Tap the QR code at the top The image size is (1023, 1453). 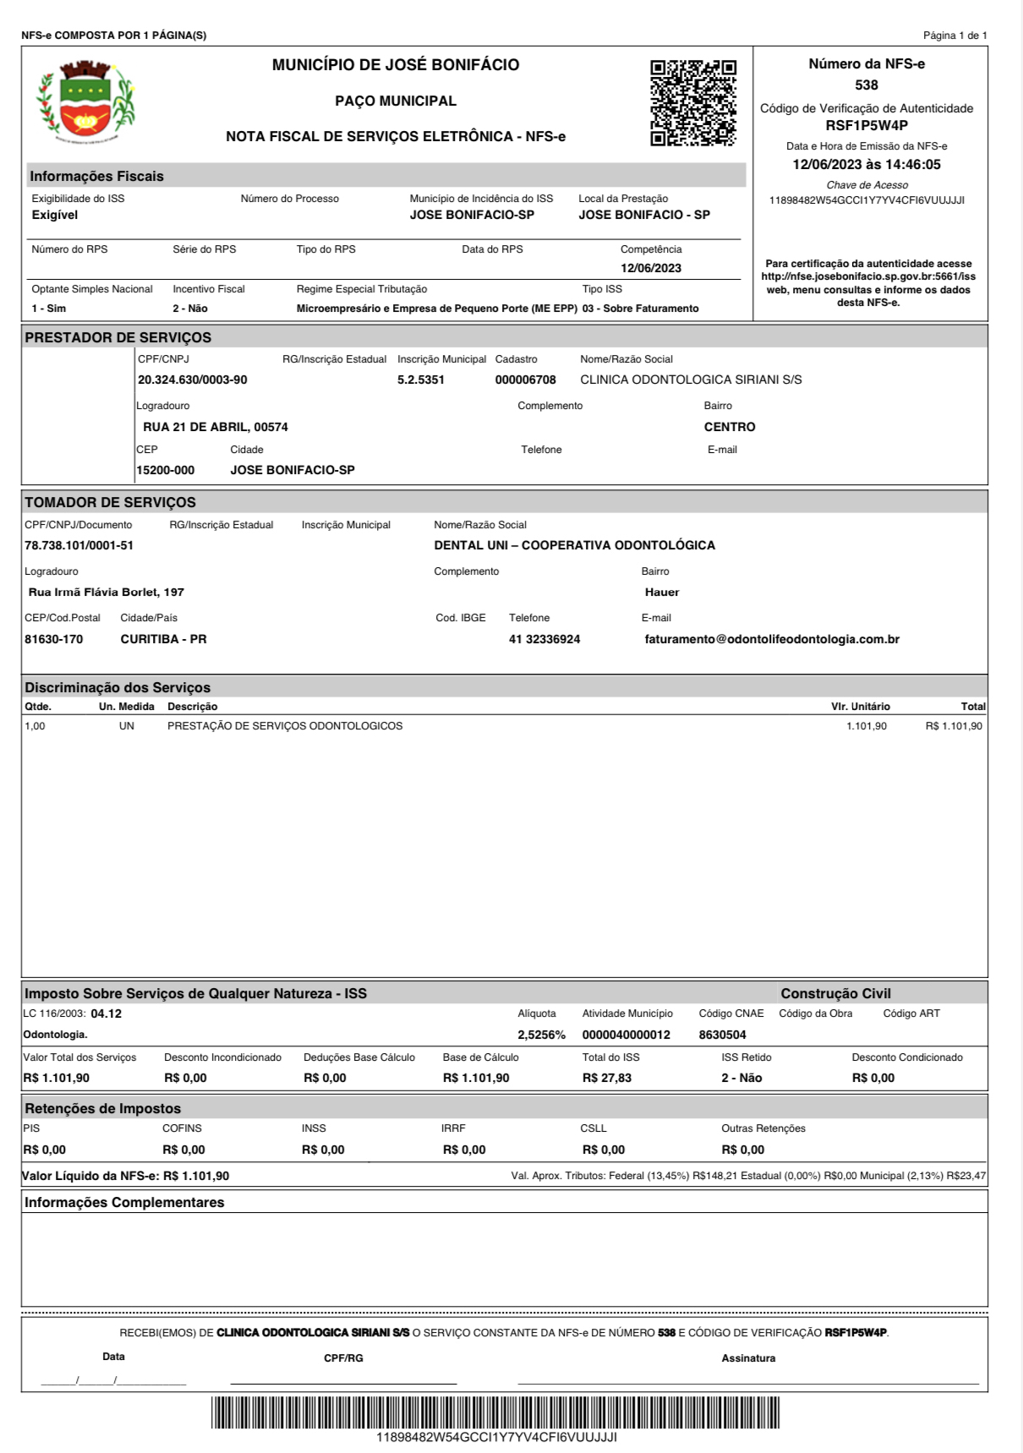(x=692, y=103)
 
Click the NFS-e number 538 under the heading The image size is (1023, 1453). (x=867, y=85)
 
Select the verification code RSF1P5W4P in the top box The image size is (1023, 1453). (x=867, y=126)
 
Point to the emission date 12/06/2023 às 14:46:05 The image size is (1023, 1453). (x=867, y=165)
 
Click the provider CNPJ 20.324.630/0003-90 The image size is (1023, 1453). (x=193, y=380)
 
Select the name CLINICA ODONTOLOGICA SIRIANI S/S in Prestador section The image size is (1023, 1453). (x=691, y=380)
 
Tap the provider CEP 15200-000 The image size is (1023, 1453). (x=166, y=470)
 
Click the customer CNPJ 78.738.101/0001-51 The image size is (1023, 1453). (x=79, y=546)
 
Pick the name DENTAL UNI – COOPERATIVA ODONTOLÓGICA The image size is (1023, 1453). (x=574, y=546)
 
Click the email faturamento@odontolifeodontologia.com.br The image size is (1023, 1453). (x=772, y=640)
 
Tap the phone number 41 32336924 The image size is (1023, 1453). (x=544, y=640)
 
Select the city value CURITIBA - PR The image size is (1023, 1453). (x=163, y=640)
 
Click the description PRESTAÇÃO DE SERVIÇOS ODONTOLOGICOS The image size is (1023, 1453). (x=285, y=726)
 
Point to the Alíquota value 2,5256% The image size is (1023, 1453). (x=541, y=1035)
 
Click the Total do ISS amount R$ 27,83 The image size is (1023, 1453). (x=606, y=1079)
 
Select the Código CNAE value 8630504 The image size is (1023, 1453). (x=722, y=1035)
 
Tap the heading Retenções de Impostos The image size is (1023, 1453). (x=102, y=1109)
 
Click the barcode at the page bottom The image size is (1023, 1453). (x=495, y=1413)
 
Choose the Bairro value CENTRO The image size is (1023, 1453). (x=730, y=428)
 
